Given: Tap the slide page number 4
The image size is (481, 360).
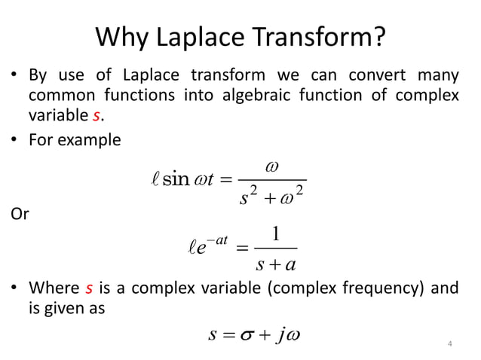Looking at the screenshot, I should [x=450, y=345].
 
